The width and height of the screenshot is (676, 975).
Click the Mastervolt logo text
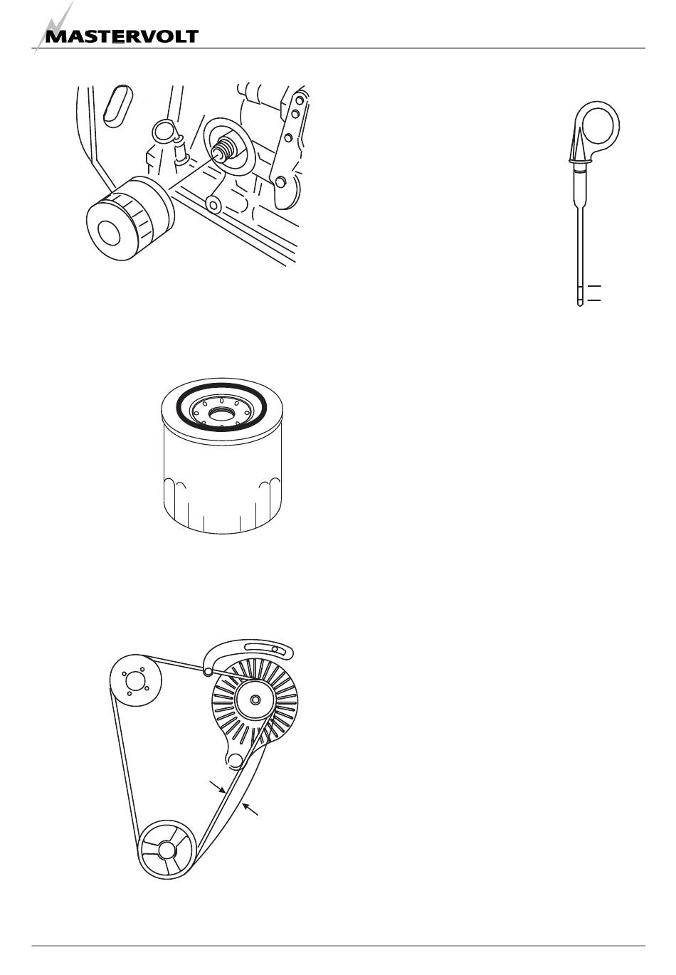122,36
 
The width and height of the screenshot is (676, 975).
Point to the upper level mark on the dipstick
594,286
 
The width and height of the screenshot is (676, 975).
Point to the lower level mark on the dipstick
594,300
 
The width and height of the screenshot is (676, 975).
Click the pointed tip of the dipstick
579,305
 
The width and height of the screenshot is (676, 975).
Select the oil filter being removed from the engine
130,218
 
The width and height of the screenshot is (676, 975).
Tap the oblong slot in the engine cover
117,106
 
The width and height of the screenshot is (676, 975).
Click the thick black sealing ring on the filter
221,386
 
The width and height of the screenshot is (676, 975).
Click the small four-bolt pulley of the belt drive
135,681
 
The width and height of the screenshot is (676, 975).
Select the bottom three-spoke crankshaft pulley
166,849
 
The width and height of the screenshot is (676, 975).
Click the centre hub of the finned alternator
255,700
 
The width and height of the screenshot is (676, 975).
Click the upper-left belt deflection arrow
218,787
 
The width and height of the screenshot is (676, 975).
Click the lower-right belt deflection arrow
250,809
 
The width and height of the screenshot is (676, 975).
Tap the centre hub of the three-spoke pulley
166,849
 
